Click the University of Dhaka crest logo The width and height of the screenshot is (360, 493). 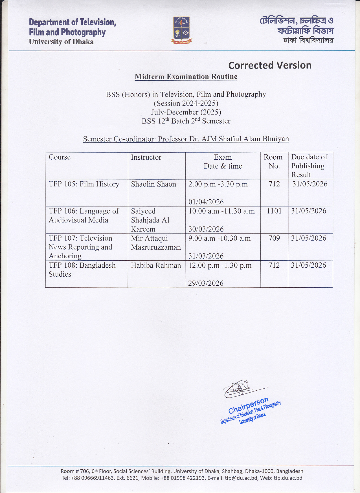(181, 30)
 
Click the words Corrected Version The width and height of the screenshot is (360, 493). (270, 65)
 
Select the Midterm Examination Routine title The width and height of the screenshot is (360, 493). (186, 77)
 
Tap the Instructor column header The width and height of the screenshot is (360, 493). (146, 157)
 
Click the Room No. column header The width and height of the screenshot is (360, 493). (273, 162)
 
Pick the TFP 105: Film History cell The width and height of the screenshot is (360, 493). (84, 184)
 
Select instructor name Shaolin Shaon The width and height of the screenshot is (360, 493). (153, 184)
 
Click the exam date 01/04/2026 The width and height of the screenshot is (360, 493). (206, 202)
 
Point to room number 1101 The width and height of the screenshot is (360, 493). (274, 211)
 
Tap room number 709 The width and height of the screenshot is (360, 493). (274, 238)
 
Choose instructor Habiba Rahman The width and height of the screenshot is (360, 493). (156, 265)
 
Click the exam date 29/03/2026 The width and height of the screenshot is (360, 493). (206, 283)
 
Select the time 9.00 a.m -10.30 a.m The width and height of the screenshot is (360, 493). (219, 238)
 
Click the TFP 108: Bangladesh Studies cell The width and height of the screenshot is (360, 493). (82, 270)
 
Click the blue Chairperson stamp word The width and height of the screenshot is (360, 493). (248, 405)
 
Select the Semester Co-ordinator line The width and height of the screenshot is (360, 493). (186, 139)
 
